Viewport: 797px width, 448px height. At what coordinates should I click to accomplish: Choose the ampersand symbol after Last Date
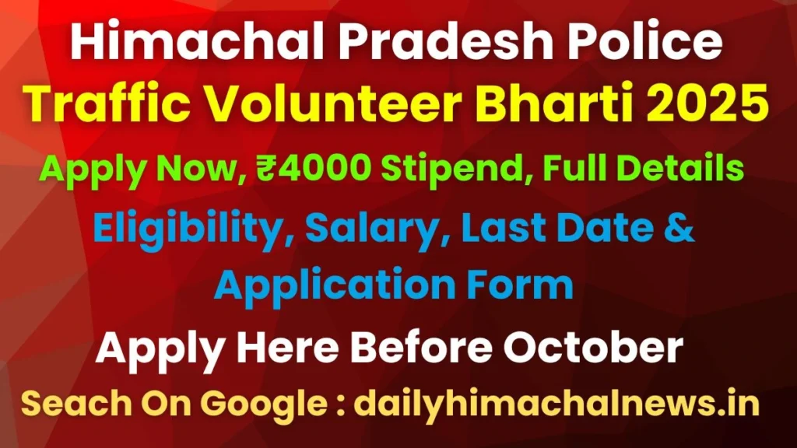point(679,229)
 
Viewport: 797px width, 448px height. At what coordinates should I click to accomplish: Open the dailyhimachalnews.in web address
point(557,404)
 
